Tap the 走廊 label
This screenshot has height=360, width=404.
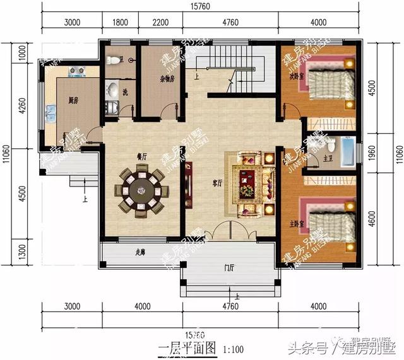141,253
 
